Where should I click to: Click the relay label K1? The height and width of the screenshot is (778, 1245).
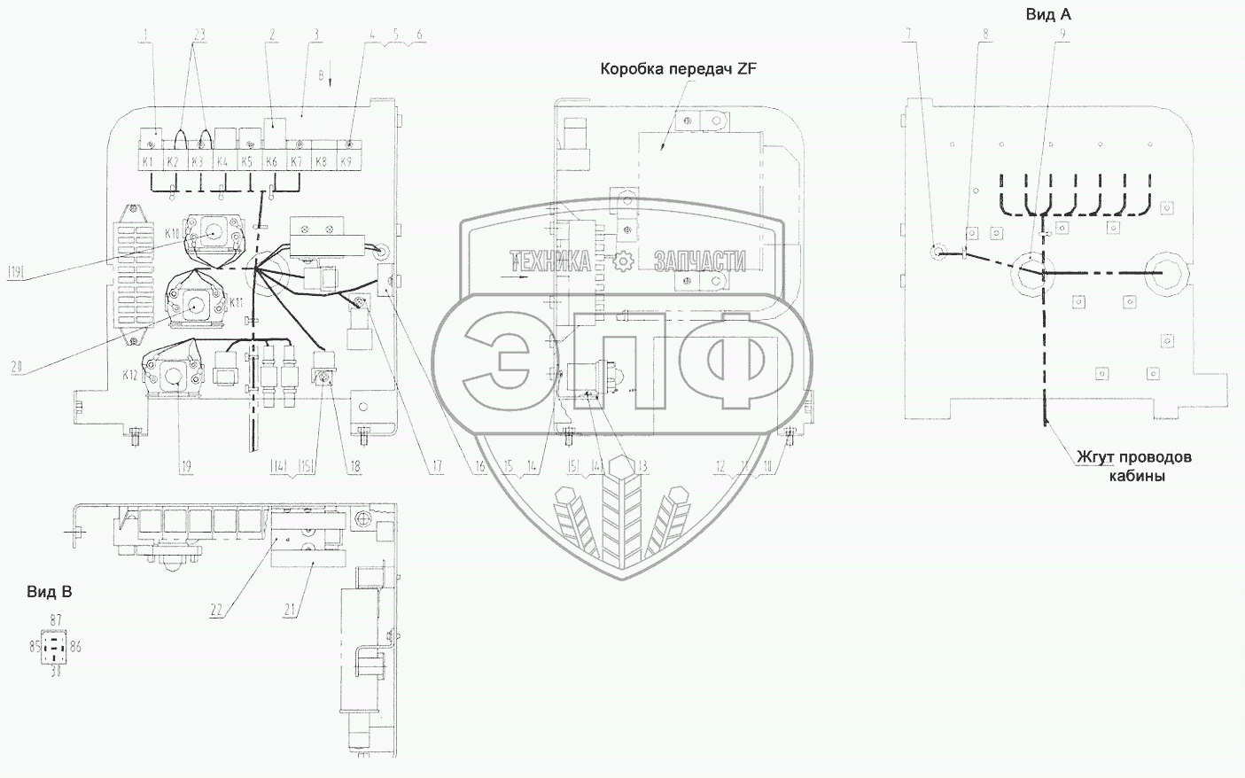coord(148,162)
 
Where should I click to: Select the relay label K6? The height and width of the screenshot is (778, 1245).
coord(272,162)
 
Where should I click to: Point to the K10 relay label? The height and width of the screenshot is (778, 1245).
coord(172,233)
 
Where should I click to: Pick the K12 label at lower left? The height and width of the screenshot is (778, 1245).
coord(131,376)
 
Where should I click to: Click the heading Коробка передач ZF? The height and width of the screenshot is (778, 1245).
coord(679,69)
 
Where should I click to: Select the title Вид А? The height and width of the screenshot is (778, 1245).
coord(1048,14)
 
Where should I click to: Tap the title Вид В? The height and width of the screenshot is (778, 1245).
coord(49,593)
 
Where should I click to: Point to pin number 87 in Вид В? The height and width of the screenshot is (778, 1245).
coord(56,619)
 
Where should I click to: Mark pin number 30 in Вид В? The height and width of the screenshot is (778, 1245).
coord(56,673)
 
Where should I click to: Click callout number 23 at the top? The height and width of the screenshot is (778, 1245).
coord(198,34)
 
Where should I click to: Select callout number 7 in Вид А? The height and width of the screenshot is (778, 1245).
coord(907,34)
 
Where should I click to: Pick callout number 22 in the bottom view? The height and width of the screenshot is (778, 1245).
coord(216,611)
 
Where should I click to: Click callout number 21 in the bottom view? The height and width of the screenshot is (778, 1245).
coord(288,611)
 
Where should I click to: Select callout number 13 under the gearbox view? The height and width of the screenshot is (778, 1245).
coord(642,466)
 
